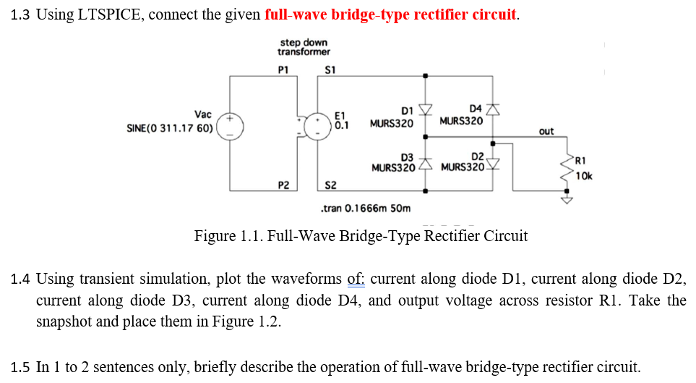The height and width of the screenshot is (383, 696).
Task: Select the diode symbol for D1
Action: coord(425,109)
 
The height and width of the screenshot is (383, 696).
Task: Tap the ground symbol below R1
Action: coord(567,201)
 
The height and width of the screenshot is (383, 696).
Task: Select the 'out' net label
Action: coord(546,131)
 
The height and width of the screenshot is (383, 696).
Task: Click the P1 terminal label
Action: coord(283,70)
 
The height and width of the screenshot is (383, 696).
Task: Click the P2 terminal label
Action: coord(283,186)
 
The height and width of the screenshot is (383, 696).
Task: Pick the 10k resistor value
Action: coord(584,174)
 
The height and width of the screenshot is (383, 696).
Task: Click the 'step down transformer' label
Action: coord(304,47)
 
